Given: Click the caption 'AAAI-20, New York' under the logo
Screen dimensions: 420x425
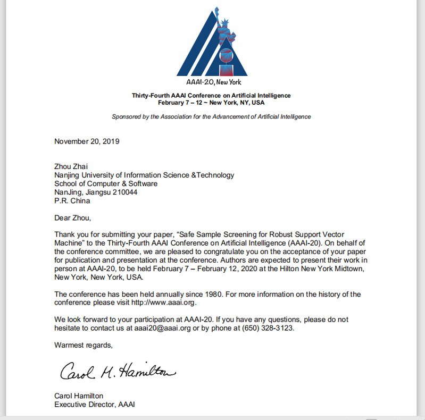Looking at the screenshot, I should [213, 82].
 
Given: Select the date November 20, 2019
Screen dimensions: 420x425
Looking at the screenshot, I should [87, 141].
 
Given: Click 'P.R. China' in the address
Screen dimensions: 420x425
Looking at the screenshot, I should [72, 200].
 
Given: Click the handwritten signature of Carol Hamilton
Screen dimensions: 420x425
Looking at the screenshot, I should [117, 370].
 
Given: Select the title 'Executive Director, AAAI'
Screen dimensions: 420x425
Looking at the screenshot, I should [95, 404].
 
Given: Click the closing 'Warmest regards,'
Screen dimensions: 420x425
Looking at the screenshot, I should [84, 345].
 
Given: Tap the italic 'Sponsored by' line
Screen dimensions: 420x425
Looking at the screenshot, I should [211, 116].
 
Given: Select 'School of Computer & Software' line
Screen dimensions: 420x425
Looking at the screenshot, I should [106, 183].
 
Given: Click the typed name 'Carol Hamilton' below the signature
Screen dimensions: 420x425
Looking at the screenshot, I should [79, 396].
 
